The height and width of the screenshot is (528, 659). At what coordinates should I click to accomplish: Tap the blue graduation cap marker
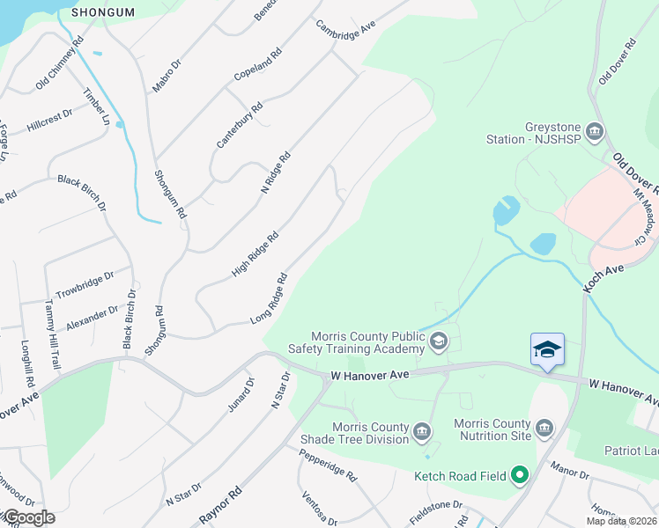click(x=547, y=349)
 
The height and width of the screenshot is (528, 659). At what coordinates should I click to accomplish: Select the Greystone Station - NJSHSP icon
click(x=595, y=133)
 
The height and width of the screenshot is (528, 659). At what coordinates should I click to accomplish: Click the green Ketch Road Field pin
click(x=519, y=476)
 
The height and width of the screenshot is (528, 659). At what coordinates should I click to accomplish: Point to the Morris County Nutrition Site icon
click(x=544, y=429)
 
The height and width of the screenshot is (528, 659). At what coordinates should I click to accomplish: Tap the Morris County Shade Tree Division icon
click(x=422, y=431)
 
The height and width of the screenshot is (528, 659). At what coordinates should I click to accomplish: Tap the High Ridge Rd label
click(x=255, y=254)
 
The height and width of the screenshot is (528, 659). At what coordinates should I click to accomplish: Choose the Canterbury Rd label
click(x=240, y=126)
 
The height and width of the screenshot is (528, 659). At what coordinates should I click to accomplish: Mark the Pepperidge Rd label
click(x=327, y=465)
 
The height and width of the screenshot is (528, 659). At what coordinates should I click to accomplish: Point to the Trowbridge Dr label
click(x=85, y=283)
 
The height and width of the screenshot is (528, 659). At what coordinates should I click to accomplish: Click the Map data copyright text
click(x=620, y=521)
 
